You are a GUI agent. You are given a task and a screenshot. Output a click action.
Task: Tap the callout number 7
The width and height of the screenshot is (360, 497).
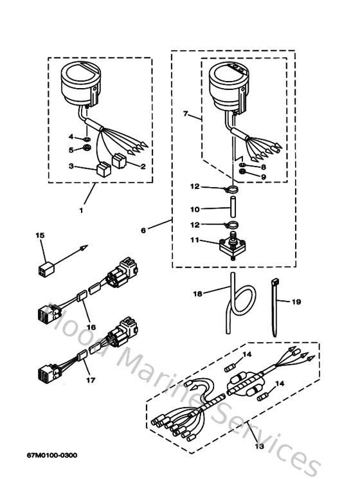[x=186, y=114]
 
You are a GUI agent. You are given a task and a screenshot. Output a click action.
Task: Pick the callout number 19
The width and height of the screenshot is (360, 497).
[x=296, y=300]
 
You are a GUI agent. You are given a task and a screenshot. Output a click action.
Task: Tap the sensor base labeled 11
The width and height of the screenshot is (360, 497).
[x=231, y=245]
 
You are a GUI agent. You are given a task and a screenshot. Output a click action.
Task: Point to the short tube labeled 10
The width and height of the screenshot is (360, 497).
[x=231, y=209]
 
